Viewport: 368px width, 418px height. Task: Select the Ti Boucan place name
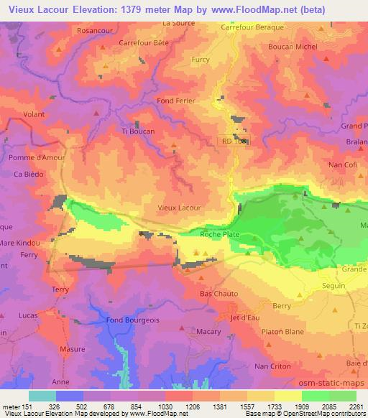pyautogui.click(x=137, y=131)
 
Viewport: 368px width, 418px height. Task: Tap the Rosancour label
pyautogui.click(x=98, y=31)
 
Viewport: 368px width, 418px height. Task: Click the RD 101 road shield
pyautogui.click(x=233, y=141)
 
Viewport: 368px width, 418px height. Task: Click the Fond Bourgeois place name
pyautogui.click(x=132, y=320)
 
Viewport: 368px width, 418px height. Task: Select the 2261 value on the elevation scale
pyautogui.click(x=356, y=406)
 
